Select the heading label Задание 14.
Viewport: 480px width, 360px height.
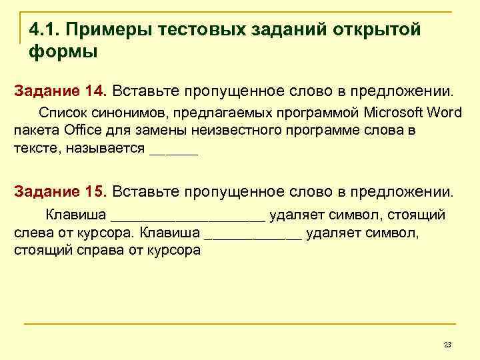[59, 90]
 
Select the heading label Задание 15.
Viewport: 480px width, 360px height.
[59, 192]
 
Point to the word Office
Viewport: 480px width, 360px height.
[83, 129]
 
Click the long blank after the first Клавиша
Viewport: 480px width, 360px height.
[188, 215]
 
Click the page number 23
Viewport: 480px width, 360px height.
[447, 344]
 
